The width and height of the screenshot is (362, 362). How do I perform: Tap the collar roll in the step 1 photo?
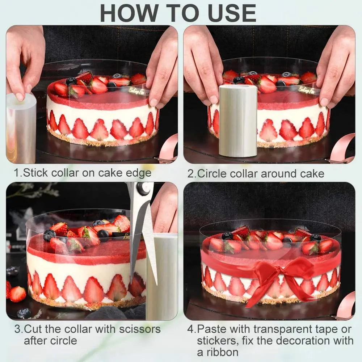click(x=21, y=129)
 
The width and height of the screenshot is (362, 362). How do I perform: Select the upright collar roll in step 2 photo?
click(x=238, y=121)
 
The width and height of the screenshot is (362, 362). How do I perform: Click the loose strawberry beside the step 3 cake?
click(x=17, y=294)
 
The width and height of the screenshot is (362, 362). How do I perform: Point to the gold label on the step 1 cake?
click(x=137, y=91)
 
